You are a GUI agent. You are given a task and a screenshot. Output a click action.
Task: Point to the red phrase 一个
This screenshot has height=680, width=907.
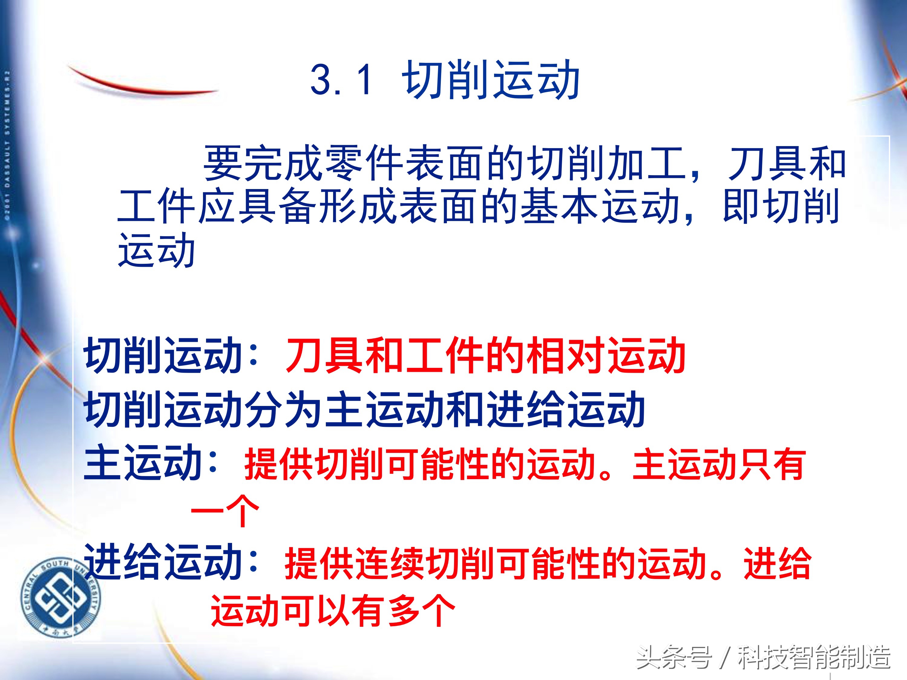tap(225, 512)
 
